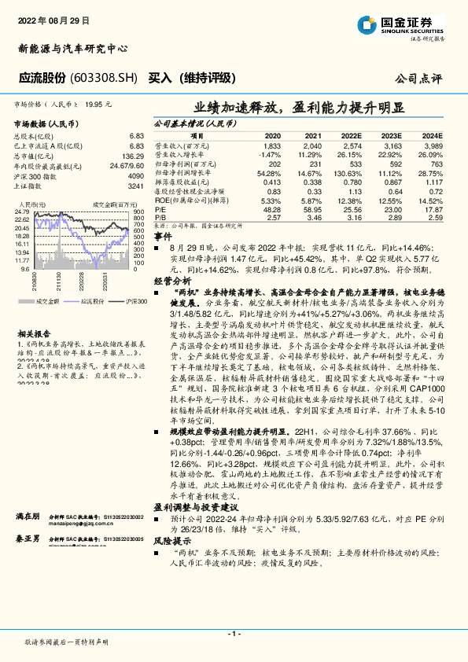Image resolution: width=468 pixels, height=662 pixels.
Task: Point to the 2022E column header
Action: (x=352, y=135)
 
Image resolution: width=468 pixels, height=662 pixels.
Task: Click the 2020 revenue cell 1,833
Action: (x=272, y=147)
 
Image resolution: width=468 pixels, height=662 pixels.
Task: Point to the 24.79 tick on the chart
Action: (x=22, y=212)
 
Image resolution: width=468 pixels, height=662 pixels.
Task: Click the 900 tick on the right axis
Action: (x=138, y=212)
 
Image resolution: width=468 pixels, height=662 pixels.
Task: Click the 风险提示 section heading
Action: (x=171, y=541)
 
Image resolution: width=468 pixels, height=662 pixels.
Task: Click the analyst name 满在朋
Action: (x=28, y=516)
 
